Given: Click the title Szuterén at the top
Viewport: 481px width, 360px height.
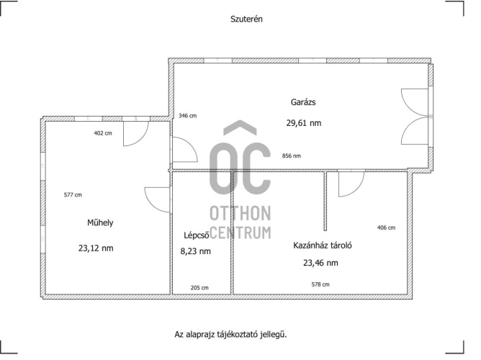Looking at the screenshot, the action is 246,19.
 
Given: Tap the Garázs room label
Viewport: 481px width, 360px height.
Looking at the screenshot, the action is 303,102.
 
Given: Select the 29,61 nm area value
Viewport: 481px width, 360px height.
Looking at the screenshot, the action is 304,123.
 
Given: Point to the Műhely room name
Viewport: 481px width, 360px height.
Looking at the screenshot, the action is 100,222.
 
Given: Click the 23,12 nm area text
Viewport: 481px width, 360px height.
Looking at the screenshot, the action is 96,248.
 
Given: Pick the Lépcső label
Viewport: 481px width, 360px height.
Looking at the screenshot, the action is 197,235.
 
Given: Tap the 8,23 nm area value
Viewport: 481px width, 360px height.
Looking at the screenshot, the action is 195,251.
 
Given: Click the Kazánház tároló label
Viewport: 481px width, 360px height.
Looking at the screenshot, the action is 323,246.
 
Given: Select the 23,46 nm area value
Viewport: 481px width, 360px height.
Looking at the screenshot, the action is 320,263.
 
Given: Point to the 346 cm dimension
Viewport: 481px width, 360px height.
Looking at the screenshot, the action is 187,116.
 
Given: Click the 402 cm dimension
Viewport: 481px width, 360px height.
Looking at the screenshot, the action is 103,133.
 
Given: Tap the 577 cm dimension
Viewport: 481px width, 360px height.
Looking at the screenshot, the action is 73,194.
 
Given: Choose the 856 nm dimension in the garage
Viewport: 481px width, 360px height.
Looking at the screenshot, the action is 292,156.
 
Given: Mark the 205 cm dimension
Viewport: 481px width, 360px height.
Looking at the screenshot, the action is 199,287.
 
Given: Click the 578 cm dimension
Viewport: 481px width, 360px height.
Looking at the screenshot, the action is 320,284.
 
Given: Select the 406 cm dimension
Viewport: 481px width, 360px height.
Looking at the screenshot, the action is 386,228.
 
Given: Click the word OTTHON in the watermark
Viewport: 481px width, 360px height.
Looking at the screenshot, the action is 240,213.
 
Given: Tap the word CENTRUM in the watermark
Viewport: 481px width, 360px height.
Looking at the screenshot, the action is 240,233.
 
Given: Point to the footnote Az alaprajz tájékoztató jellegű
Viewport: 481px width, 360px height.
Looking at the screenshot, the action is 230,334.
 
